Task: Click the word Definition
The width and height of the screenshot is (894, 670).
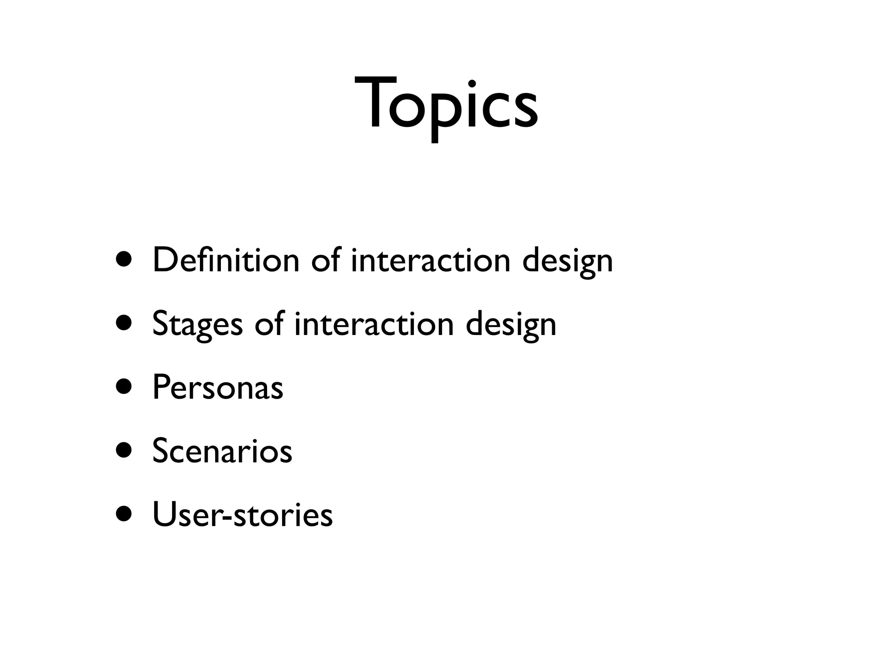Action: [226, 260]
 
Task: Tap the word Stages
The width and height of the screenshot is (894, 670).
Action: [197, 324]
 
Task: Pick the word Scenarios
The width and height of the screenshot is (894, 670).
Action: [222, 451]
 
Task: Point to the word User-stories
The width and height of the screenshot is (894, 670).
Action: [242, 515]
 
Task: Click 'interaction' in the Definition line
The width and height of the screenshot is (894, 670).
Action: [430, 260]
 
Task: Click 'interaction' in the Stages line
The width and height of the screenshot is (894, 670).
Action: [374, 324]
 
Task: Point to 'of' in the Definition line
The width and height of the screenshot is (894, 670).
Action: [325, 260]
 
